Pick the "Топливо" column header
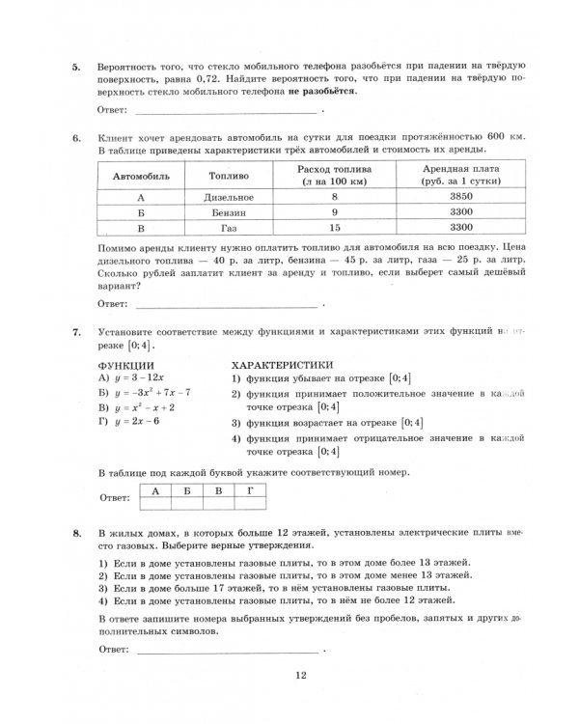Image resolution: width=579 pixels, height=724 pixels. [229, 177]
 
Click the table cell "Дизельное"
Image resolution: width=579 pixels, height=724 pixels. [229, 196]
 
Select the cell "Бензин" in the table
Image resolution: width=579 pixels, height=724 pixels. [229, 212]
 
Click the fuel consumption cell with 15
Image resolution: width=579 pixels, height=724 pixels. [335, 229]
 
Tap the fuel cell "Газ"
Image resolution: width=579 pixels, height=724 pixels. [229, 229]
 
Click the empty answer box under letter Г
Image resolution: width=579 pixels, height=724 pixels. [251, 502]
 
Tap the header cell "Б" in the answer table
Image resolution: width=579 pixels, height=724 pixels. [187, 489]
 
